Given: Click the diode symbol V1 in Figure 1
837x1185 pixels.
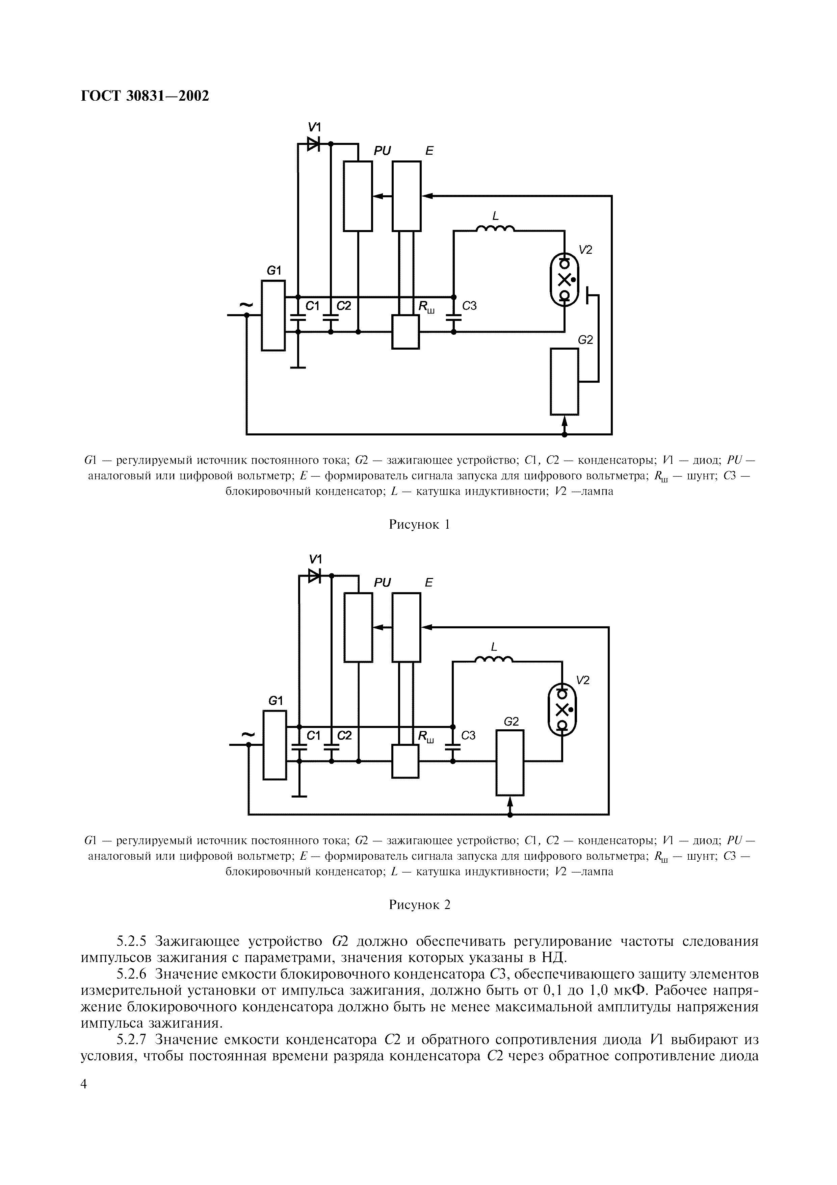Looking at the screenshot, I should click(x=313, y=144).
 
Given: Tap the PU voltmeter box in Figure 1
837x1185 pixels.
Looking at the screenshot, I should click(x=358, y=196).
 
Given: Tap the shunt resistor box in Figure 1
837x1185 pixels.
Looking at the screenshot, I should click(x=406, y=332).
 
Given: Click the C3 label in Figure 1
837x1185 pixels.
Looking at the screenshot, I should click(x=469, y=306).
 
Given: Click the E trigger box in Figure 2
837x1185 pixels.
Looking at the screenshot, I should click(x=407, y=627).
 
